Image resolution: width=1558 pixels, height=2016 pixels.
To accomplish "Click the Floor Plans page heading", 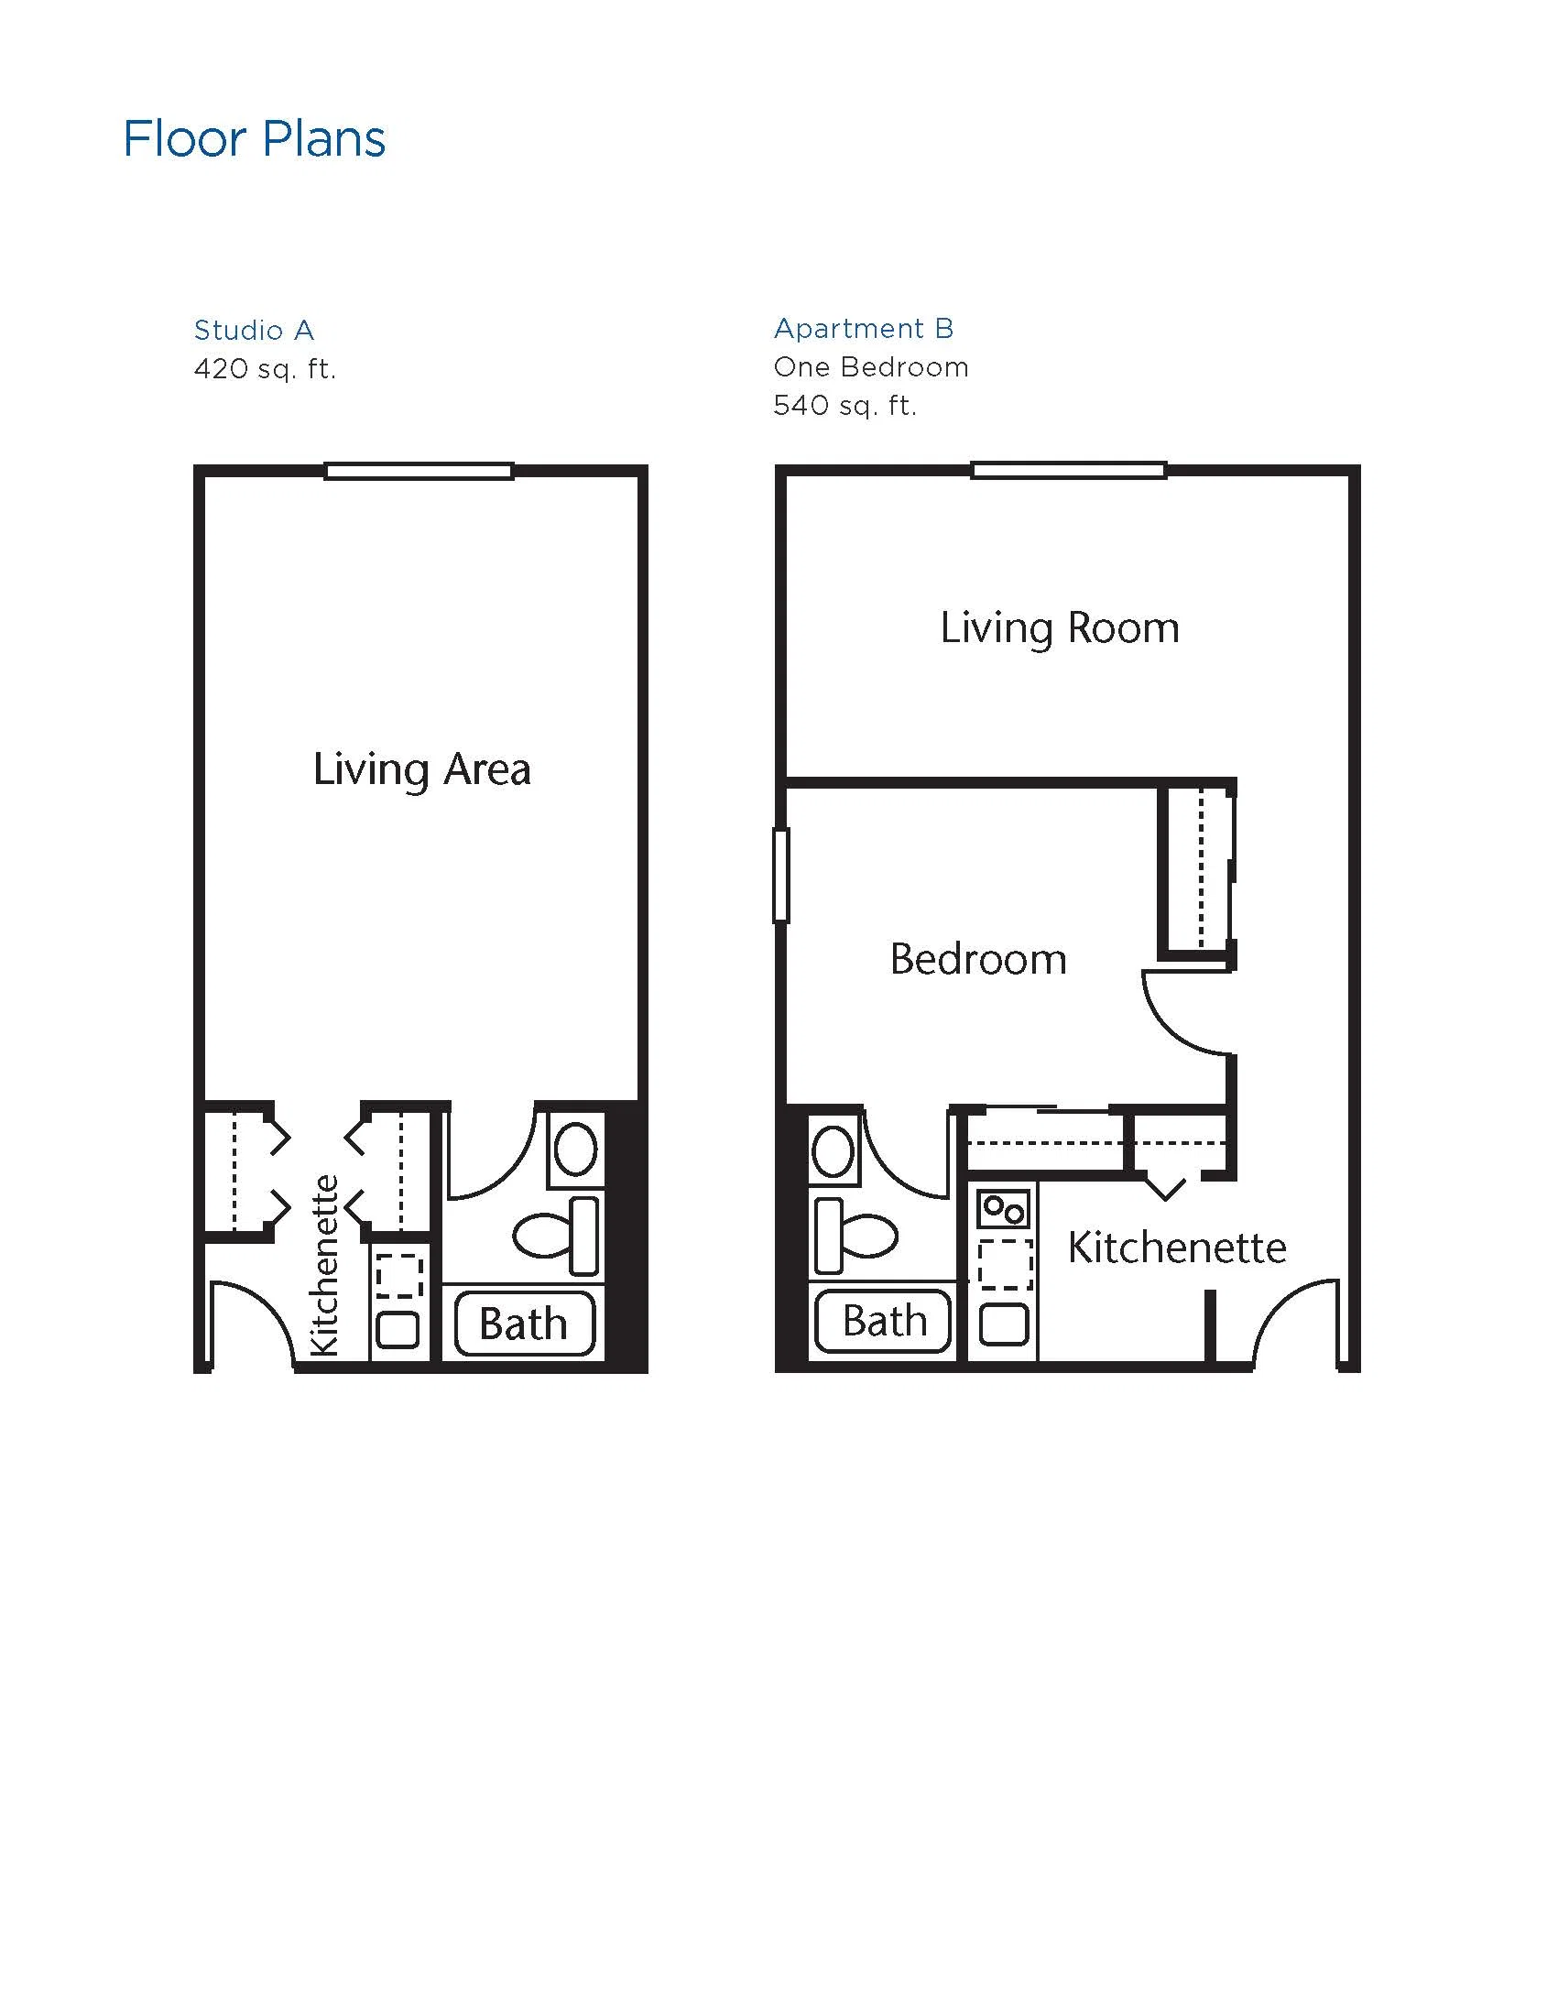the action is tap(254, 139).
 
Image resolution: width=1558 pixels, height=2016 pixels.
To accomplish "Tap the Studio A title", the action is tap(254, 330).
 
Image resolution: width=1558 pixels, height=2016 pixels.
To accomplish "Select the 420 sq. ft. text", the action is tap(265, 369).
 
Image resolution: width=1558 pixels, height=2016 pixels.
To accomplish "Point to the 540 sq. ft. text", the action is tap(845, 406).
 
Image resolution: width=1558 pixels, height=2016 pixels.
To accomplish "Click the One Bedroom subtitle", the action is tap(871, 367).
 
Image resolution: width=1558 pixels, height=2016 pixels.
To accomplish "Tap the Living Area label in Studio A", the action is tap(422, 769).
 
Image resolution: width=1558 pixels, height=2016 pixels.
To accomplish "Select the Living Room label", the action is tap(1060, 628).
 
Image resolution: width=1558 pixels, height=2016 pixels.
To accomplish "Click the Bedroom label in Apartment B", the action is tap(978, 959).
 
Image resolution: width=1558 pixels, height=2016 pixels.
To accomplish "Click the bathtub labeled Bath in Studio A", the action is tap(524, 1324).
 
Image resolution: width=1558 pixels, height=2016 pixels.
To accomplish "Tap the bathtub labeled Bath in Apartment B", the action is tap(882, 1321).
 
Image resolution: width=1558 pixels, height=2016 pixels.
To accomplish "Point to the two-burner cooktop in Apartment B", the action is tap(1003, 1207).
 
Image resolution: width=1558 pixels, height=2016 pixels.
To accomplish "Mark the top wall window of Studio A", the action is tap(419, 472).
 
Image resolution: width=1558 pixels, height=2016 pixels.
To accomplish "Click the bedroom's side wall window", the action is tap(781, 875).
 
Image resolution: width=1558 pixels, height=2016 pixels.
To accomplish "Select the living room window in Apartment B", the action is tap(1069, 471).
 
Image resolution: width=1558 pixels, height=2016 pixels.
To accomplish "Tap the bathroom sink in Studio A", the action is tap(576, 1150).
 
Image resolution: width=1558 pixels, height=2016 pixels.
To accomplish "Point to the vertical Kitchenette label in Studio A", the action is tap(325, 1266).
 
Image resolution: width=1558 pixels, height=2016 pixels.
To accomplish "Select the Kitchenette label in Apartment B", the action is tap(1177, 1248).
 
